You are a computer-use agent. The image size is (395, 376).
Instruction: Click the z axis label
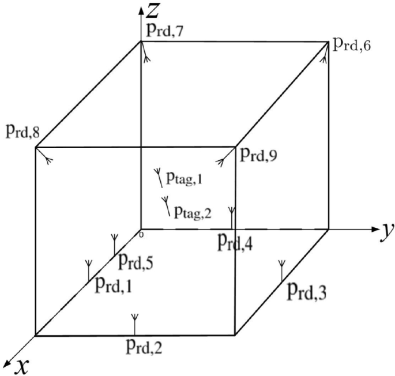153,10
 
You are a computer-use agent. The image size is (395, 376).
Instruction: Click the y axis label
386,231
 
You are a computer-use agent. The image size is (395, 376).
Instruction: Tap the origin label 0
141,234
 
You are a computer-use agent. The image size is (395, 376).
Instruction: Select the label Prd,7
165,31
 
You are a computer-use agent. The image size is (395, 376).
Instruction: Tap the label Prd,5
136,262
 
